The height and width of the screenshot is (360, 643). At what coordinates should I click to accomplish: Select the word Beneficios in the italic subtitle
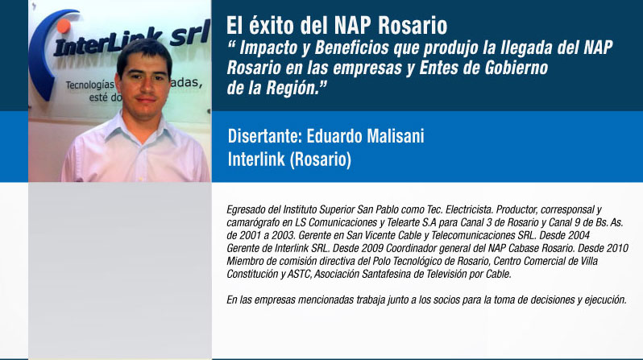tap(351, 48)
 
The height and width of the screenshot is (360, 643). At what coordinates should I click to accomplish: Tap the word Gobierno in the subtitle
tap(516, 68)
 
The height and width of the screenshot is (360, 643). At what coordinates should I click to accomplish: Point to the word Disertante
tap(264, 136)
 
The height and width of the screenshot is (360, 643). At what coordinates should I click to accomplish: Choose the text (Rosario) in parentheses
tap(320, 159)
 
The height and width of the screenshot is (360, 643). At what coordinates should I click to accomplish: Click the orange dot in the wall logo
tap(64, 26)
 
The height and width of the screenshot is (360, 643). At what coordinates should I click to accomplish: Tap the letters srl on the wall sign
tap(189, 34)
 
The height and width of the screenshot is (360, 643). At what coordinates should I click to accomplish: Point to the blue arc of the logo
tap(39, 57)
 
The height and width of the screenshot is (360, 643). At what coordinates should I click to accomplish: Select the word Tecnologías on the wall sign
tap(89, 85)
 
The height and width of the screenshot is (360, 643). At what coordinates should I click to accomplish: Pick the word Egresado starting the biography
tap(246, 210)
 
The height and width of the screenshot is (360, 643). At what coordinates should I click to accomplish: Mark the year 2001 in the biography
tap(249, 235)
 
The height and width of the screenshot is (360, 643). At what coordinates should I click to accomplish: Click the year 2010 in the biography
tap(617, 249)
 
